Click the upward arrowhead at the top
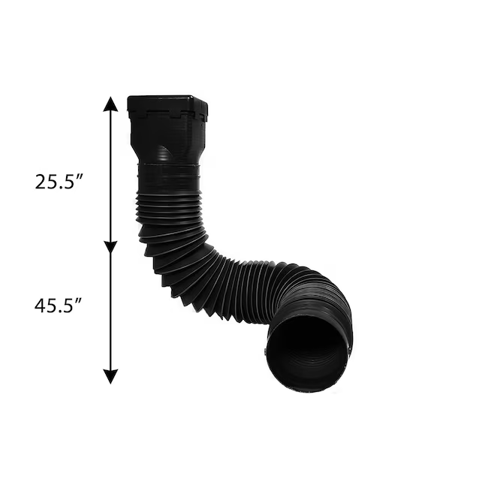(x=110, y=104)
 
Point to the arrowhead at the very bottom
(x=110, y=376)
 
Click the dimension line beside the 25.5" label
(x=110, y=176)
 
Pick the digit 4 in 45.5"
(x=40, y=306)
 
